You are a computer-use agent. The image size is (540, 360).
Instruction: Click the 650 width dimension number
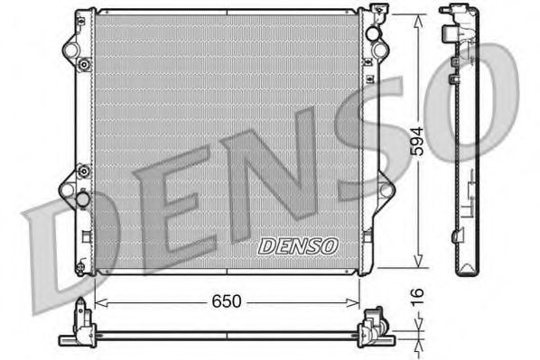[227, 302]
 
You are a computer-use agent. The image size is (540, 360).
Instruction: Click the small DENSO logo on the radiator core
[298, 245]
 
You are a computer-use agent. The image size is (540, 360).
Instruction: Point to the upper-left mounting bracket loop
[70, 46]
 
